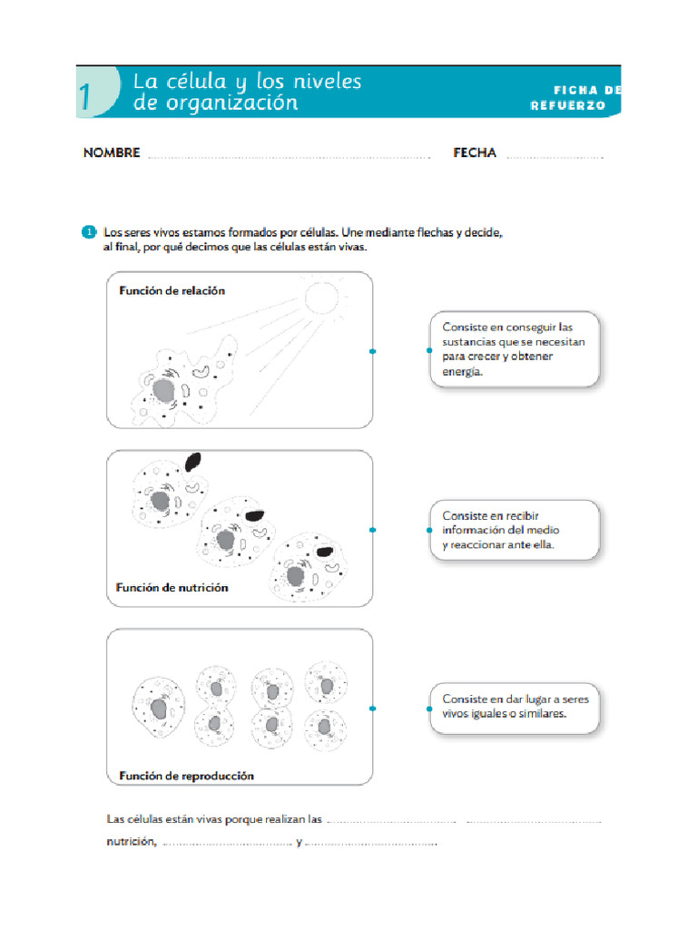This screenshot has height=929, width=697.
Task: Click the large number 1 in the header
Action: [x=84, y=97]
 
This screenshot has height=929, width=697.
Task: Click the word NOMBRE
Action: [x=112, y=153]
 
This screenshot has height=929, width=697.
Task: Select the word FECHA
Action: [x=475, y=153]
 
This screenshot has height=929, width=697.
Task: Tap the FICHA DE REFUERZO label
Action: [x=575, y=98]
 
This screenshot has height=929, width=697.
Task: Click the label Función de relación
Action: [x=172, y=291]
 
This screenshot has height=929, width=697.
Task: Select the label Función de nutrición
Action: [x=172, y=588]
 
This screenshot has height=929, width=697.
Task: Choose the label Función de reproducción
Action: [x=185, y=776]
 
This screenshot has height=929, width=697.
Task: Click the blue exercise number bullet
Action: [x=89, y=232]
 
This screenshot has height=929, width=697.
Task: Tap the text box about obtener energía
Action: [x=514, y=349]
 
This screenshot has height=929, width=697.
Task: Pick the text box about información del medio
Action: [x=514, y=531]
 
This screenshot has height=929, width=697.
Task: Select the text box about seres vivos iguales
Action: [x=514, y=707]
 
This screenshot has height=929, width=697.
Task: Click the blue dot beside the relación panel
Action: [x=372, y=351]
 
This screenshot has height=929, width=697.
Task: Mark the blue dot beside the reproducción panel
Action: [x=372, y=709]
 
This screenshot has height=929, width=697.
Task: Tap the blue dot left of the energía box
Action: [x=429, y=350]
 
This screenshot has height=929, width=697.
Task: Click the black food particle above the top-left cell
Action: [x=193, y=462]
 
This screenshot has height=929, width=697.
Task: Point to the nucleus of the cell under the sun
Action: [x=163, y=391]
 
